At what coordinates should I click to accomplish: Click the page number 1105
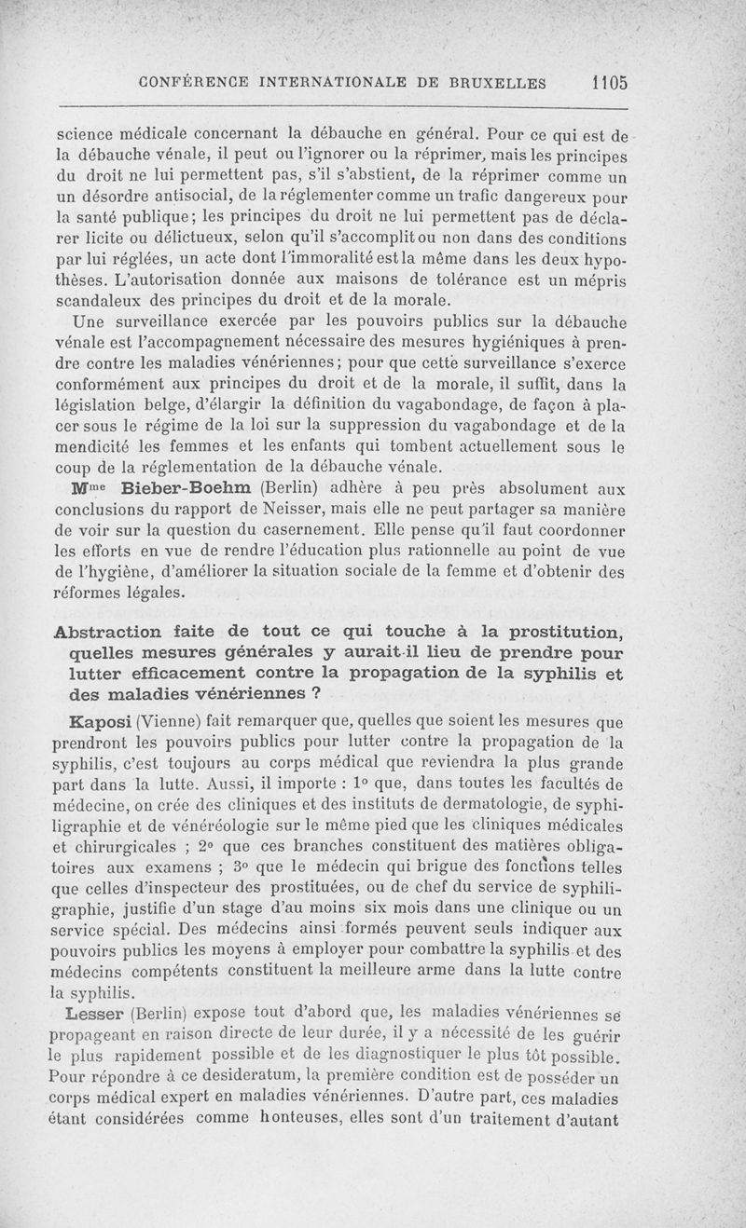click(609, 81)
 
